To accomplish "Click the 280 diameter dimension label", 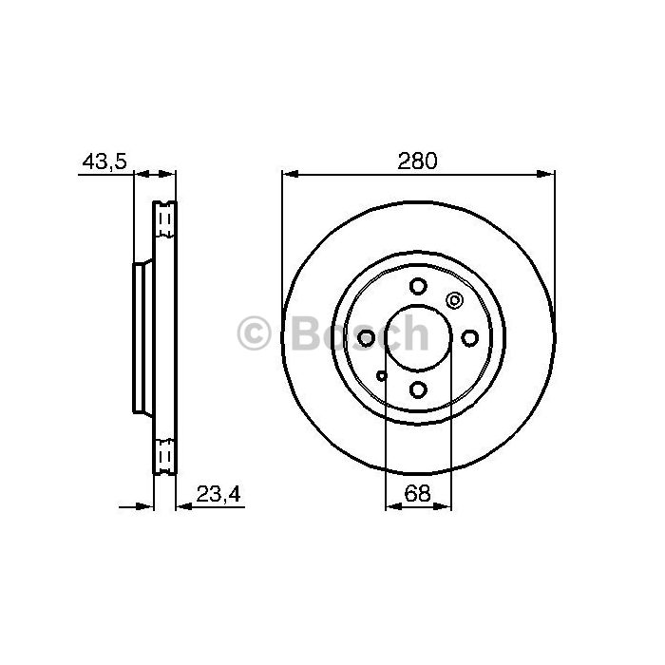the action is coord(417,161).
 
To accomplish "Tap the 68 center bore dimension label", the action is coord(417,493).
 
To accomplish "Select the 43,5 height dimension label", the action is coord(104,161).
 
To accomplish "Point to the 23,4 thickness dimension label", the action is coord(218,494).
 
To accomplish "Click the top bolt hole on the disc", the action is coord(418,286).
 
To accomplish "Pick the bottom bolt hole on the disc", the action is coord(418,389).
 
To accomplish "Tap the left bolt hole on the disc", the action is coord(367,338).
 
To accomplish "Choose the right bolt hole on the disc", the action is coord(470,338).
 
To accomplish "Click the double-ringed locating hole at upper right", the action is coord(454,301).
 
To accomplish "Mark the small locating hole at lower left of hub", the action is coord(382,375).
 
